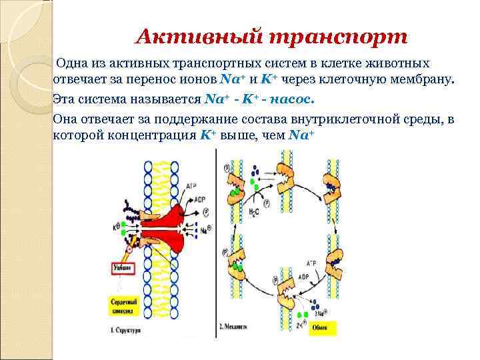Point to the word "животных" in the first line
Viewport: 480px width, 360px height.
click(x=399, y=63)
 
